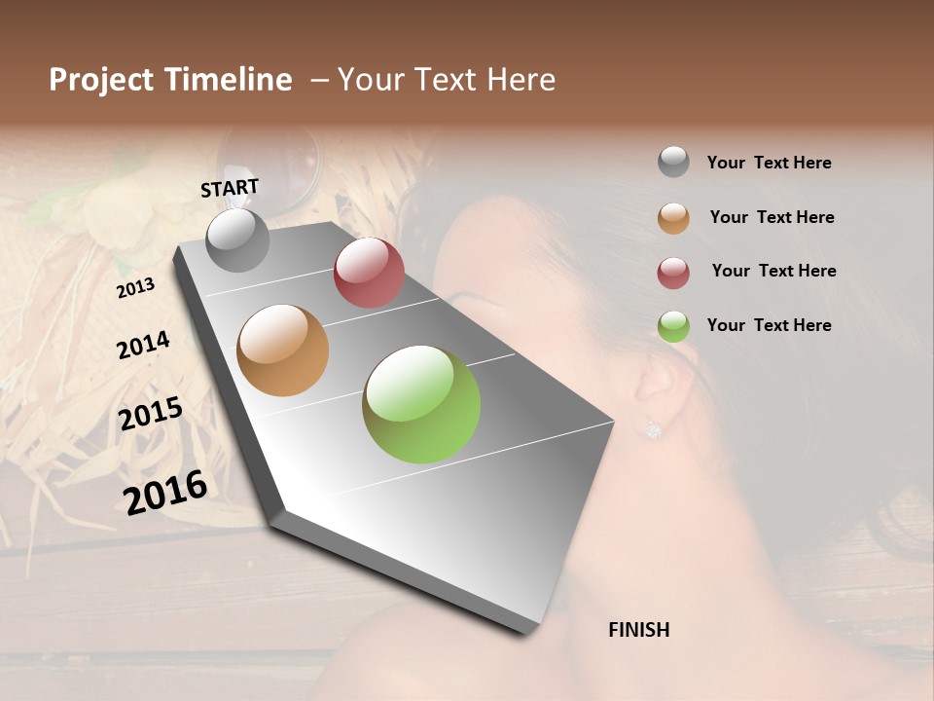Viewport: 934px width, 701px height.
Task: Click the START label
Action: [230, 188]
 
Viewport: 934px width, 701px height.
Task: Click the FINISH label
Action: [638, 630]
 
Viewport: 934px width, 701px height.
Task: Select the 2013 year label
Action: [135, 287]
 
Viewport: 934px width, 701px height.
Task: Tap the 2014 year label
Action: [143, 345]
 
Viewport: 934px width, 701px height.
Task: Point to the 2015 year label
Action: [151, 415]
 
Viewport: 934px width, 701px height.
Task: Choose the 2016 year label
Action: [165, 492]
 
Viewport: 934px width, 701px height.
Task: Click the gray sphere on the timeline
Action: [237, 240]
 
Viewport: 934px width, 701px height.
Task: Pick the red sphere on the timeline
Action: [369, 273]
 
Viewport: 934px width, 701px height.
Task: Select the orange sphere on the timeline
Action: [282, 350]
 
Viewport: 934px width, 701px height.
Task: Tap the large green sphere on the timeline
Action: [421, 404]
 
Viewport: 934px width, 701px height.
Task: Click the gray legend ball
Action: [673, 162]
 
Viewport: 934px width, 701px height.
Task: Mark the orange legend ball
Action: [673, 218]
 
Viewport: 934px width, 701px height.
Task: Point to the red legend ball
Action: [673, 273]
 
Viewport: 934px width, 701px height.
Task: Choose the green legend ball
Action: [673, 326]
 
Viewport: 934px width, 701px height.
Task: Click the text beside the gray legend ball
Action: [769, 163]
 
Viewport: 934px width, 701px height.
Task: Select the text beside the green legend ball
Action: [769, 325]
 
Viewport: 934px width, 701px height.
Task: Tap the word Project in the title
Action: [102, 80]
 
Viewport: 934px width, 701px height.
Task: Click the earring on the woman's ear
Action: [653, 428]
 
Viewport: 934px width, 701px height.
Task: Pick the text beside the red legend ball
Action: [773, 271]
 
